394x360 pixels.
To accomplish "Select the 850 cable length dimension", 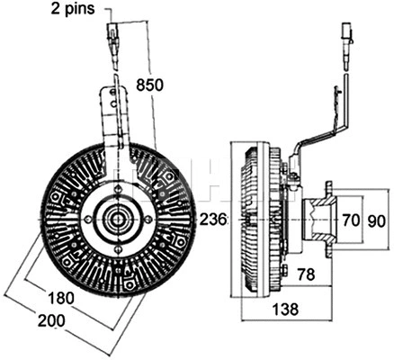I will [149, 85].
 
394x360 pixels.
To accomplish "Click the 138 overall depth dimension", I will [286, 310].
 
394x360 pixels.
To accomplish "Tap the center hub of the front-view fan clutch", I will [115, 219].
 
